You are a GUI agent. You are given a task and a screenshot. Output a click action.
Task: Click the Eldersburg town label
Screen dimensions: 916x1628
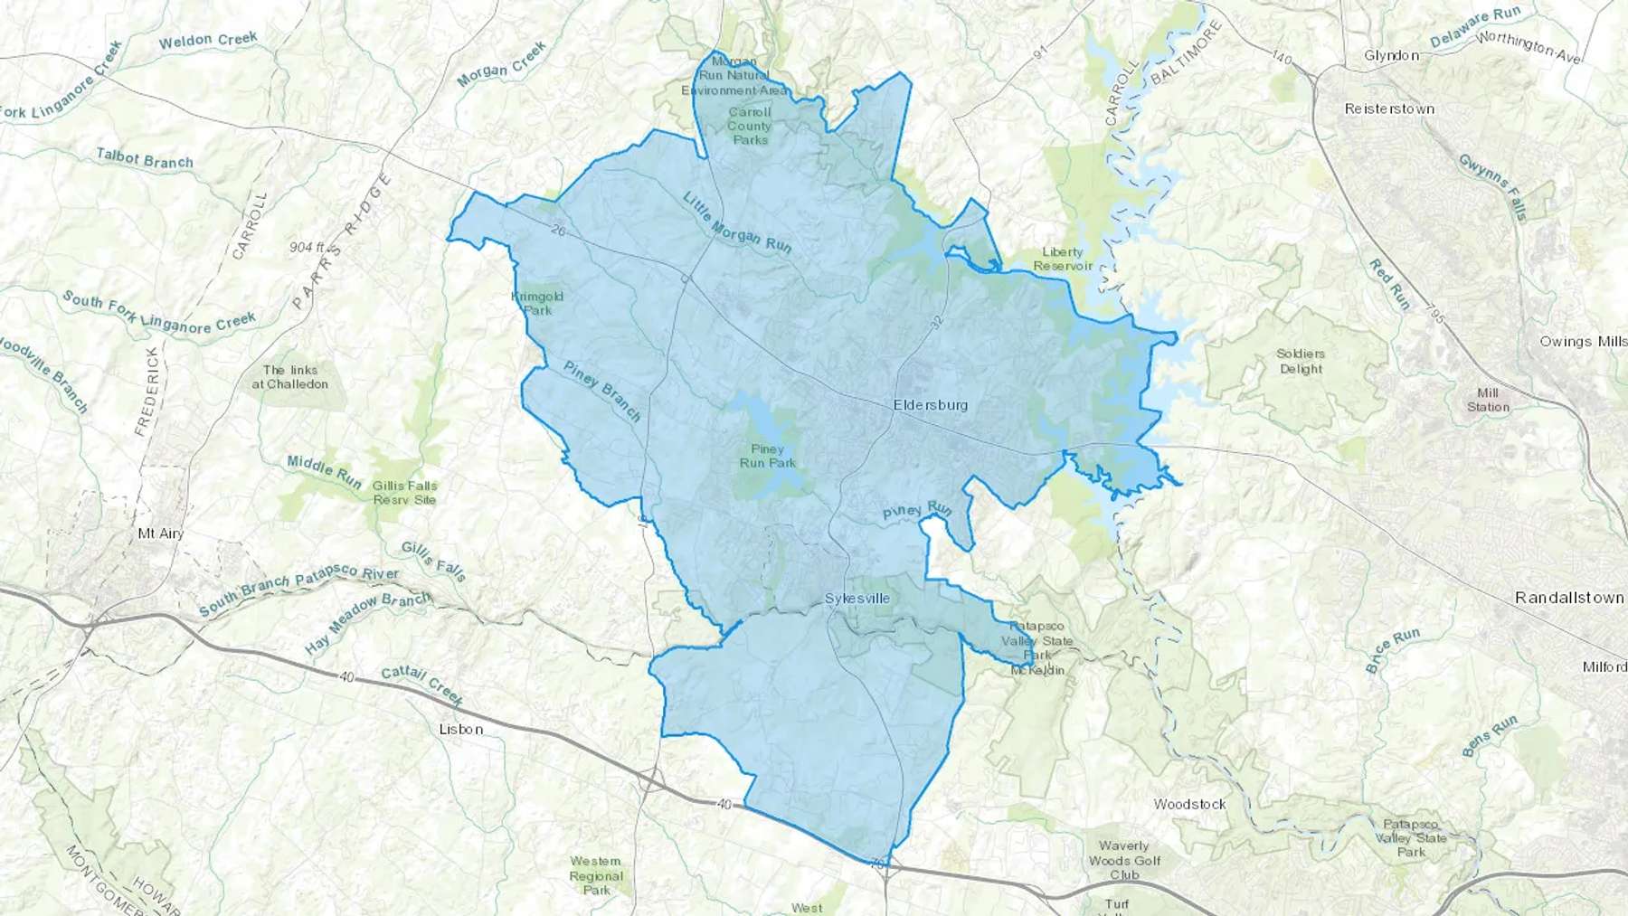click(x=930, y=405)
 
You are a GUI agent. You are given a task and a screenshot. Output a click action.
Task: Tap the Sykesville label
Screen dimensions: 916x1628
click(x=857, y=599)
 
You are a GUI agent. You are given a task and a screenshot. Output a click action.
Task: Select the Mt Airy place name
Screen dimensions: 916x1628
click(x=160, y=534)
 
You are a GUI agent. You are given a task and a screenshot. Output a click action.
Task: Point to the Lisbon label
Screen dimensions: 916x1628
click(x=460, y=729)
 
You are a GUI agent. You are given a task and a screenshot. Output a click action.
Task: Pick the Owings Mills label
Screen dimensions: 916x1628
click(x=1583, y=341)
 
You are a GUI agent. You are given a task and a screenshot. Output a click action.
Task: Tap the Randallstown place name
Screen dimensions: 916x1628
click(x=1570, y=599)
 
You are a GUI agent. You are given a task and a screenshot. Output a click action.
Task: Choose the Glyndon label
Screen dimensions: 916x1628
click(x=1391, y=55)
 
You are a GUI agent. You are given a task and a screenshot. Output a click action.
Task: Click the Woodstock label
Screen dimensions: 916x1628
click(x=1189, y=804)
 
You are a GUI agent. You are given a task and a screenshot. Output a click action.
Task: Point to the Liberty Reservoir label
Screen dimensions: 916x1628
click(x=1063, y=259)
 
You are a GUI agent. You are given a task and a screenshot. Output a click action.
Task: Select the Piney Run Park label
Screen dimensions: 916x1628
click(x=767, y=456)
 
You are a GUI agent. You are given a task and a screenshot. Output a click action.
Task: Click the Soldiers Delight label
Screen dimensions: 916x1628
click(x=1301, y=361)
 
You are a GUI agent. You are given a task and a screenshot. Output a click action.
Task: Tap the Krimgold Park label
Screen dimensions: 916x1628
click(x=538, y=303)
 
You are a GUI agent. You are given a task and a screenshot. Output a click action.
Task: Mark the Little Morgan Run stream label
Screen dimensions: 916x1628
click(x=736, y=222)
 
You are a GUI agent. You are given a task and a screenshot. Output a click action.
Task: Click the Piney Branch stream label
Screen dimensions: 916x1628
click(x=601, y=391)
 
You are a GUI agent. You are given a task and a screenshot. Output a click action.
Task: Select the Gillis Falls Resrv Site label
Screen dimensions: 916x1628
click(x=404, y=493)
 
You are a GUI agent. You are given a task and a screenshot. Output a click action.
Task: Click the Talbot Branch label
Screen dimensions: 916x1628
click(x=145, y=159)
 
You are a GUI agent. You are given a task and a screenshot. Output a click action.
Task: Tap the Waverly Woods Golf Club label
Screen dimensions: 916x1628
click(x=1123, y=860)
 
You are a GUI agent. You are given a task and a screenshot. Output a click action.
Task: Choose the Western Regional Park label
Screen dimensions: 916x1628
click(x=596, y=875)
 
